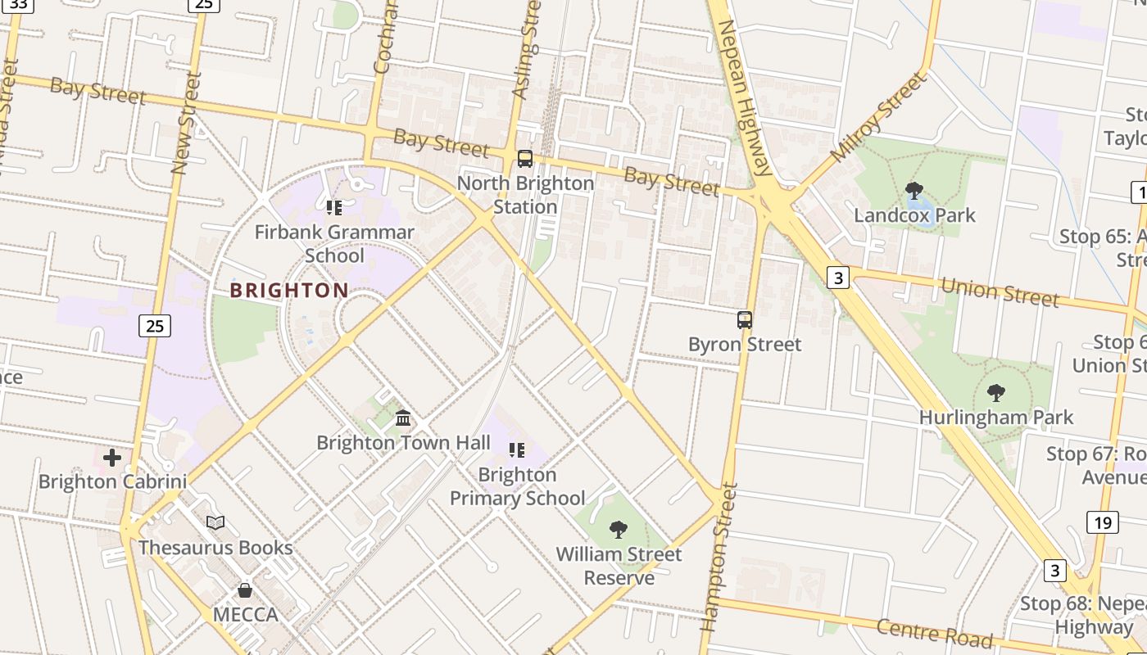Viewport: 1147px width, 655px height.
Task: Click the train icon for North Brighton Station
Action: (525, 159)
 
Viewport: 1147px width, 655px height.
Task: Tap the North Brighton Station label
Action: (525, 195)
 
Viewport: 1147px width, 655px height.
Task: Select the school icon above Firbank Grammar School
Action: (333, 207)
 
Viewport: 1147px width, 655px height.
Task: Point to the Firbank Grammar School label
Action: (334, 244)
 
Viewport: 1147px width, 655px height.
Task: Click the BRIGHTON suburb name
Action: (289, 291)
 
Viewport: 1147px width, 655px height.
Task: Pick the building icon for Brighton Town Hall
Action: (403, 418)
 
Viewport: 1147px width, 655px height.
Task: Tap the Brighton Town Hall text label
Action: (403, 443)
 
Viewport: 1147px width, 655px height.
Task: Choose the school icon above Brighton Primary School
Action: (517, 449)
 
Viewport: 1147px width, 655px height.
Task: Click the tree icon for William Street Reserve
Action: (619, 530)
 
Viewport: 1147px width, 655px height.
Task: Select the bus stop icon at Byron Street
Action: (745, 320)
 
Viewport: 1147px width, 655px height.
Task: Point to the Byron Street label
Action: (745, 345)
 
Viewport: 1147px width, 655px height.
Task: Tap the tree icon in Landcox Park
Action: (914, 191)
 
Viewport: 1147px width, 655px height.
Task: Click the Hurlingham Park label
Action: (995, 418)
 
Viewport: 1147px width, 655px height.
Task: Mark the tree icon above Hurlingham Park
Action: (995, 393)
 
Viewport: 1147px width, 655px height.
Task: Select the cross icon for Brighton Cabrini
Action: (112, 457)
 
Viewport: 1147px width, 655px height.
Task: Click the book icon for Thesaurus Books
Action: (215, 522)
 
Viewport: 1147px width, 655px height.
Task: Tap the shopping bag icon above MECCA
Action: (245, 589)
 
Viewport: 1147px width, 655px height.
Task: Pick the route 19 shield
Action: (1103, 522)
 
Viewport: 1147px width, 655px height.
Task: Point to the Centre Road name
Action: (934, 634)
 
